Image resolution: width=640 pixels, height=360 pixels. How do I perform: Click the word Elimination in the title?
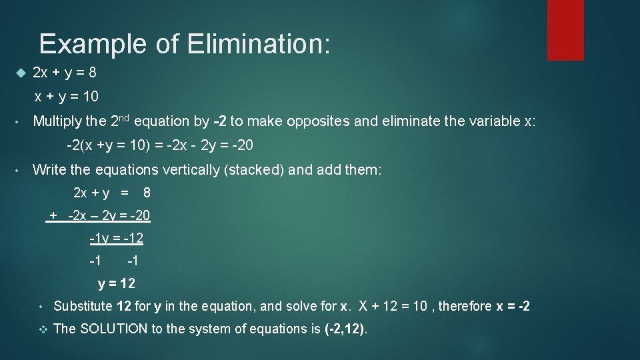(259, 44)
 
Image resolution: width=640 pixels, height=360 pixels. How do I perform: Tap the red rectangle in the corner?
(565, 29)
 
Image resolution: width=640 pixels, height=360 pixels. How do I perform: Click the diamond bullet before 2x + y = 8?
(19, 72)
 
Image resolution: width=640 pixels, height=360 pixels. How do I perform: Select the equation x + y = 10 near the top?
(67, 97)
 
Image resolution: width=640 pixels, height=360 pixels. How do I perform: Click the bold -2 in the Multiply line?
(219, 121)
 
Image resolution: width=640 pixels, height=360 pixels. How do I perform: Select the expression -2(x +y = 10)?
(107, 145)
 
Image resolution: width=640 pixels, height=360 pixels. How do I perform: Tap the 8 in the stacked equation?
(147, 193)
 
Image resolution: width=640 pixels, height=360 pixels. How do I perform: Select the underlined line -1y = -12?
(117, 238)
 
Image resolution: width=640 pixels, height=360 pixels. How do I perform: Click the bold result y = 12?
(117, 284)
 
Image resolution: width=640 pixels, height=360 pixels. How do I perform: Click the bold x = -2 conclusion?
(513, 307)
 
